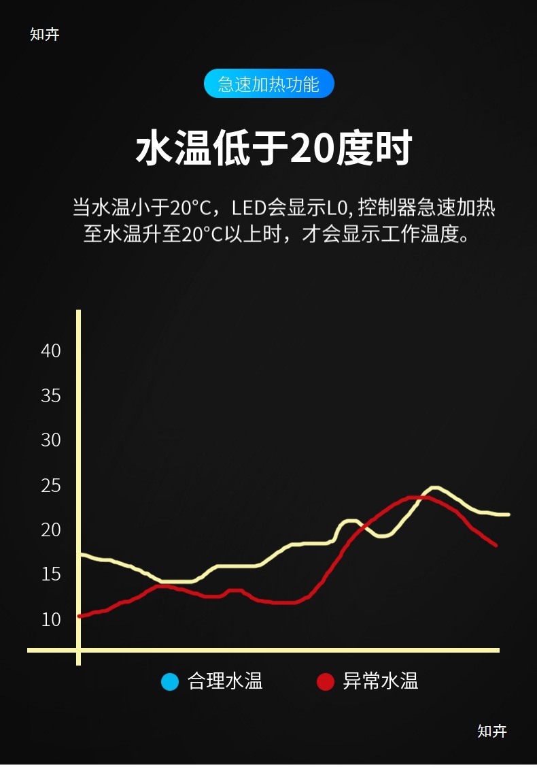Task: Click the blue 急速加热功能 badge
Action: click(268, 84)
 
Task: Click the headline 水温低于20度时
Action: click(274, 149)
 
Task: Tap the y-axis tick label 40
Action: click(51, 351)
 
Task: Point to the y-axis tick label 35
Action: click(51, 396)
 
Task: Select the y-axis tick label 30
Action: click(51, 440)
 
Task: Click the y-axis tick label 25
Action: click(51, 486)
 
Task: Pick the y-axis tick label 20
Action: click(51, 529)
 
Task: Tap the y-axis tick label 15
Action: click(51, 574)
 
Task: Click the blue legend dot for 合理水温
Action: click(170, 681)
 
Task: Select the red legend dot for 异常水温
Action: click(326, 681)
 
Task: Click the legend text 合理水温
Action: click(225, 681)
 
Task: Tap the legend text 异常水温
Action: click(380, 681)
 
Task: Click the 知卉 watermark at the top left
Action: click(45, 35)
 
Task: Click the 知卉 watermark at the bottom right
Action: click(492, 732)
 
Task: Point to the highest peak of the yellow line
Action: click(434, 488)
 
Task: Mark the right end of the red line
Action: click(496, 545)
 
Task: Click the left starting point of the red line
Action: click(80, 616)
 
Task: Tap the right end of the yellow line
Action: click(507, 514)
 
